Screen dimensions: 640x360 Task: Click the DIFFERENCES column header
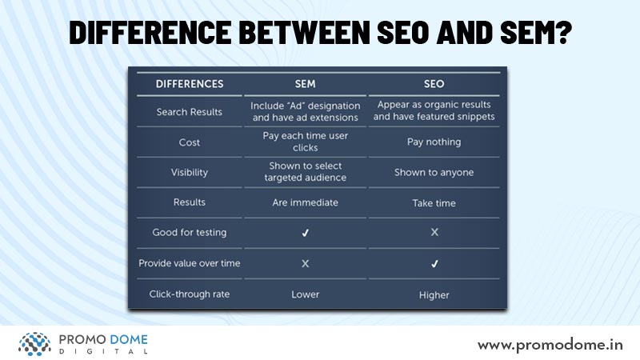pyautogui.click(x=190, y=84)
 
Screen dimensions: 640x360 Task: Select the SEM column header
pyautogui.click(x=306, y=84)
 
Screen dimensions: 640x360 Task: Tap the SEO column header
pyautogui.click(x=434, y=84)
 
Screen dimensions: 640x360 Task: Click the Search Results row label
pyautogui.click(x=190, y=112)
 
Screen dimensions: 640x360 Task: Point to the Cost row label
pyautogui.click(x=190, y=142)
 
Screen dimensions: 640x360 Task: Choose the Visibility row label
pyautogui.click(x=190, y=172)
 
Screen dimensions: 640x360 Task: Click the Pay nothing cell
pyautogui.click(x=434, y=142)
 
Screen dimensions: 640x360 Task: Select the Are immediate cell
pyautogui.click(x=306, y=202)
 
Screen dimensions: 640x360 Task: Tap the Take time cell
pyautogui.click(x=434, y=203)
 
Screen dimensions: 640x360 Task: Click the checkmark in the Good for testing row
pyautogui.click(x=306, y=233)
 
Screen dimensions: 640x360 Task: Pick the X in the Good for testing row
pyautogui.click(x=434, y=232)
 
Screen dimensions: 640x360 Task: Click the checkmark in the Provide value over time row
pyautogui.click(x=434, y=264)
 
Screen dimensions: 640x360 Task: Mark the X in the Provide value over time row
pyautogui.click(x=306, y=264)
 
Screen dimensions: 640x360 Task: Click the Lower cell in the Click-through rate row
pyautogui.click(x=306, y=294)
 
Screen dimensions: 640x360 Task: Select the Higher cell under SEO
pyautogui.click(x=434, y=295)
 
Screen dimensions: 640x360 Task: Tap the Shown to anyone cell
pyautogui.click(x=434, y=172)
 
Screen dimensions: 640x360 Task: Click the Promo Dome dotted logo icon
pyautogui.click(x=34, y=344)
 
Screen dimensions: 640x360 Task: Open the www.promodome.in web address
pyautogui.click(x=550, y=346)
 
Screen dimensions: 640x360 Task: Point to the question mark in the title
pyautogui.click(x=564, y=32)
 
